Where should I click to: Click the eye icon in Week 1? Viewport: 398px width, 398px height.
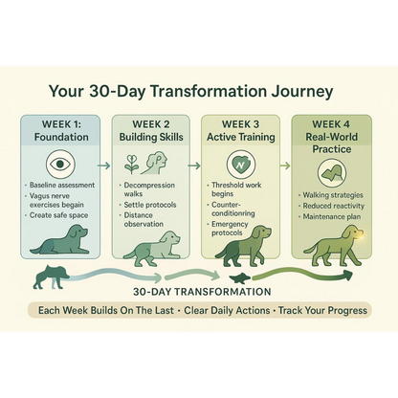click(x=60, y=165)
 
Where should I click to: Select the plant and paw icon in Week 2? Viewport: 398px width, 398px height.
click(x=149, y=166)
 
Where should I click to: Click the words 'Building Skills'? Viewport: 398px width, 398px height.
click(x=150, y=138)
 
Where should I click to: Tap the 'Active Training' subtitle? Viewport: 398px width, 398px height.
click(x=240, y=138)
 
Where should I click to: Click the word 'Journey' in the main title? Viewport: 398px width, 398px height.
click(x=291, y=92)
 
